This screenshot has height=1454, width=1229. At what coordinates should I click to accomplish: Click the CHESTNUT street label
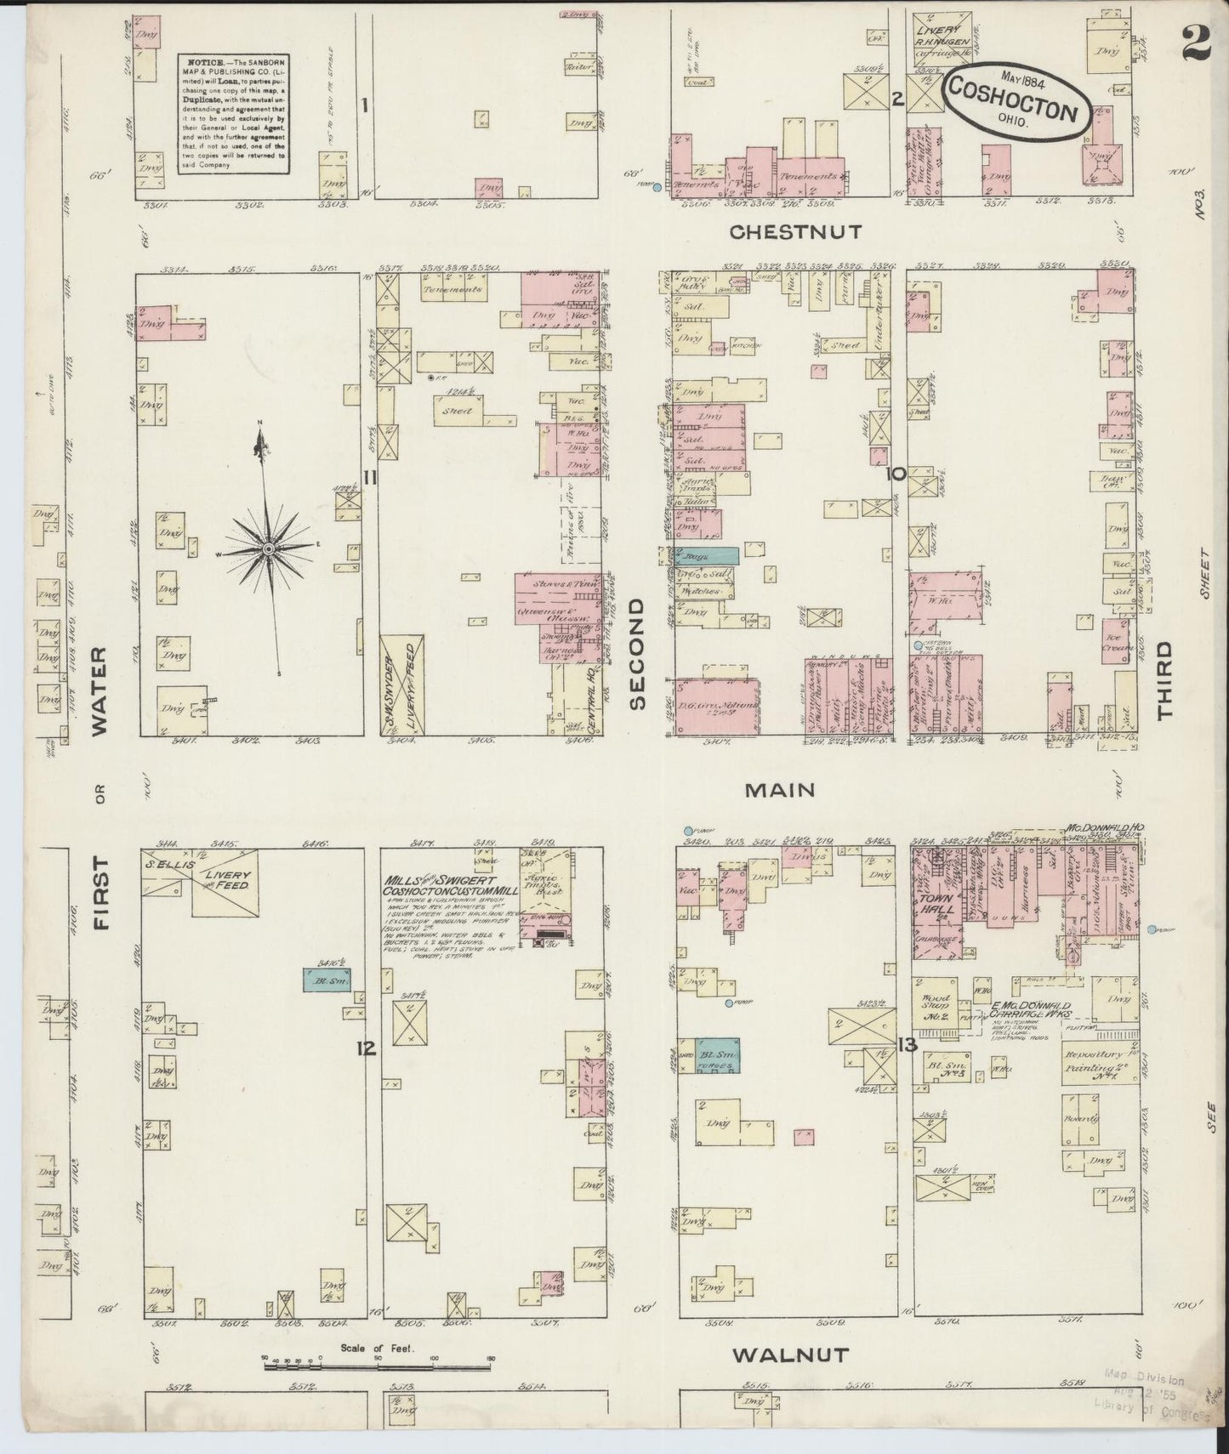click(x=794, y=231)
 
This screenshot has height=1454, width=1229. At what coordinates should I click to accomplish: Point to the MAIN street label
click(x=780, y=790)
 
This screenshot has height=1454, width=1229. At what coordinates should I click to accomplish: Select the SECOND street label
click(x=638, y=652)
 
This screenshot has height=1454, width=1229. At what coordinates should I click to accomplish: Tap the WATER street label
click(x=100, y=690)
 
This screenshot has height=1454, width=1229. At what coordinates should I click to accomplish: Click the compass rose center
click(x=269, y=550)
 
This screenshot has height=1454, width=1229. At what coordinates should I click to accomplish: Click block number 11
click(x=368, y=478)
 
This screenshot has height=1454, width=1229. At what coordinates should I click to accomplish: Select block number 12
click(x=367, y=1048)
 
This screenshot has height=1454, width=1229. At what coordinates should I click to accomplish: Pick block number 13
click(x=907, y=1045)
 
